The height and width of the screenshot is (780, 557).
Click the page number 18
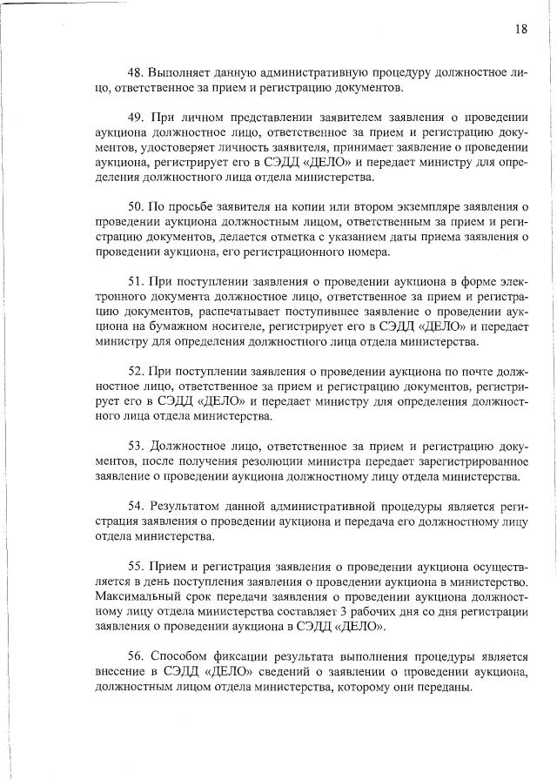[520, 29]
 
